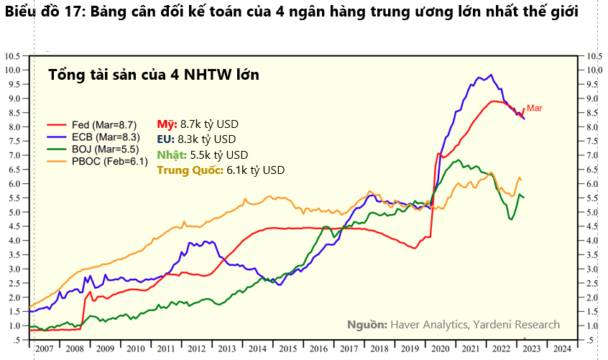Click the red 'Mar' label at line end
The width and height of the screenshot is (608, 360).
(534, 108)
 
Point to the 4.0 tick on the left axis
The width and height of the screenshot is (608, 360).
(15, 240)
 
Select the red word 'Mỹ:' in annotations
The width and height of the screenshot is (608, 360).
(167, 124)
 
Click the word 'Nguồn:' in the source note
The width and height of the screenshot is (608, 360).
(367, 325)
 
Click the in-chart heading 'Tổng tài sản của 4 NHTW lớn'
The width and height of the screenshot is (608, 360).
(153, 75)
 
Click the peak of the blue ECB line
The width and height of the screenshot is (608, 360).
(490, 75)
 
